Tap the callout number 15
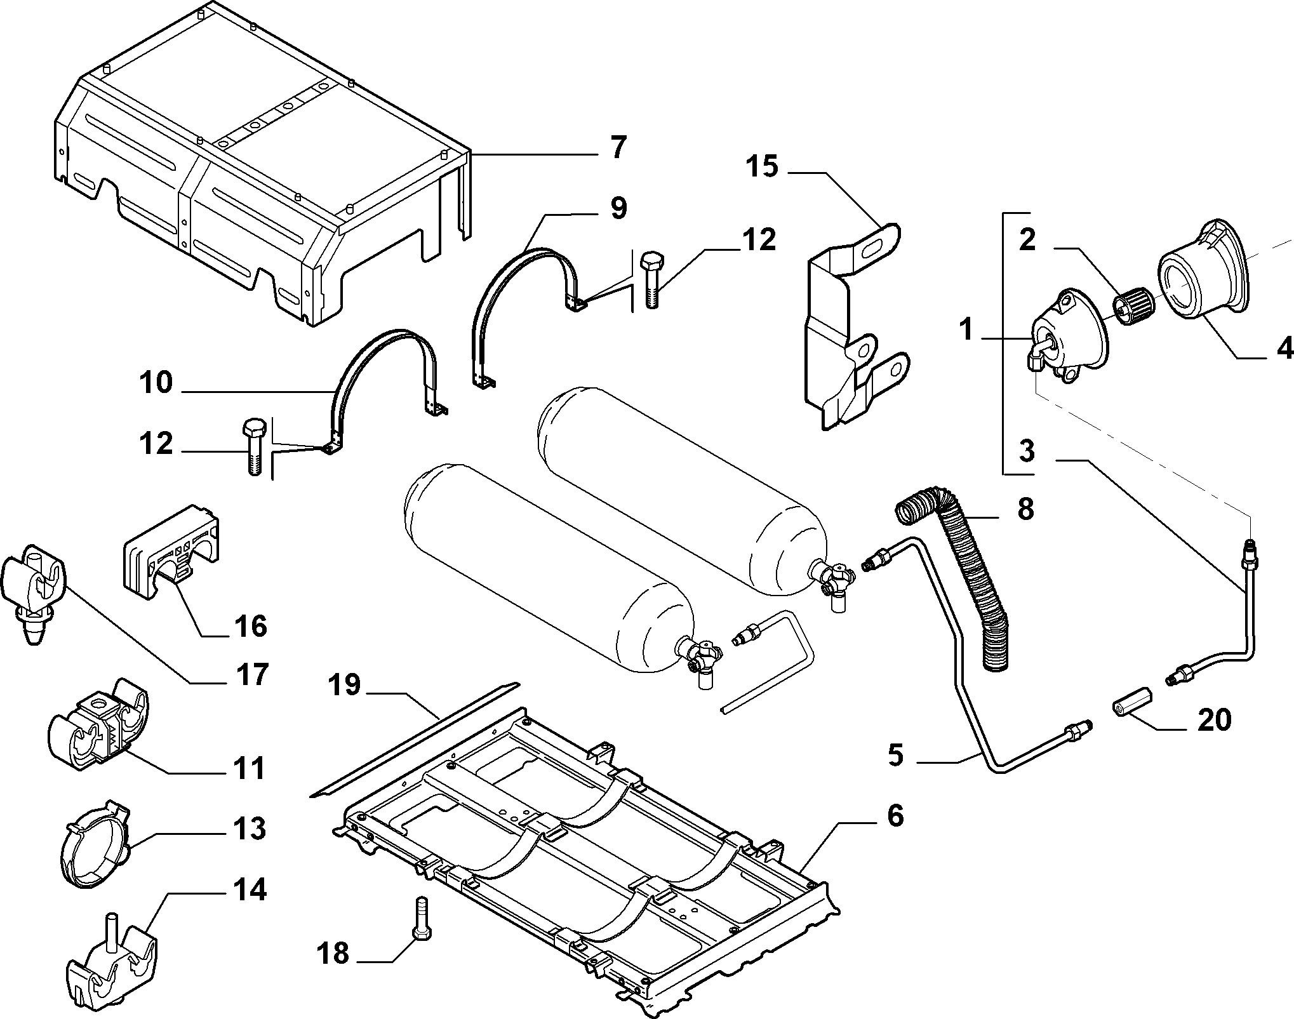tap(761, 168)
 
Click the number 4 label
tap(1283, 347)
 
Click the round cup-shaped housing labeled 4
tap(1204, 277)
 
